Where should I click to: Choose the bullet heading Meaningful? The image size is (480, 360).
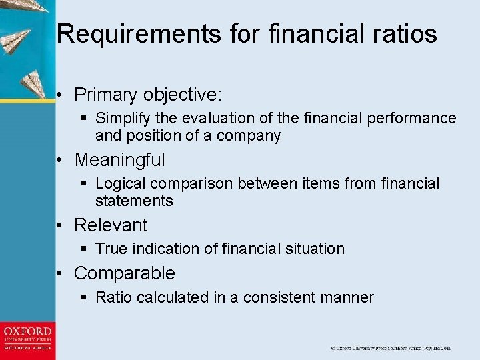coord(119,160)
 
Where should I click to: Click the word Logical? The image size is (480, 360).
coord(122,183)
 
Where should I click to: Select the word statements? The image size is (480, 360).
coord(134,201)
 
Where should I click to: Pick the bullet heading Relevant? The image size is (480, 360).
coord(111,225)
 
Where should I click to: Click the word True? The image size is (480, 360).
coord(111,249)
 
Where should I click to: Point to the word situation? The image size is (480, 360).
coord(313,249)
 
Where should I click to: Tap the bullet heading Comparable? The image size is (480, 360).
coord(124,273)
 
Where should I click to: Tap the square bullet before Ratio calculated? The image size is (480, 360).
coord(84,297)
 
